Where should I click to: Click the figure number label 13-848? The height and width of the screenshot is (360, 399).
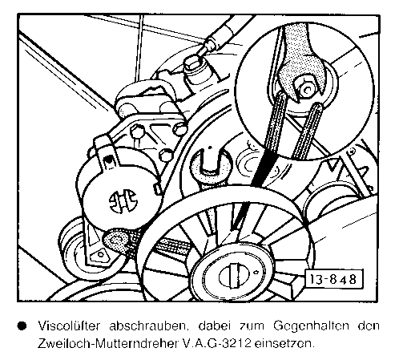pyautogui.click(x=334, y=279)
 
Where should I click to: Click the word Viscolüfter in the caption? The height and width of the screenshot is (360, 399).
pyautogui.click(x=69, y=326)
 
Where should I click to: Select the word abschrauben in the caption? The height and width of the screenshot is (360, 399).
pyautogui.click(x=147, y=326)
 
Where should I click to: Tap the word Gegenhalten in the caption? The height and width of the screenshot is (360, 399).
pyautogui.click(x=312, y=326)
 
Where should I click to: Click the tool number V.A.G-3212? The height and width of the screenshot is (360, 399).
pyautogui.click(x=217, y=344)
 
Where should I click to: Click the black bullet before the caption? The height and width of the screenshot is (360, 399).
pyautogui.click(x=22, y=326)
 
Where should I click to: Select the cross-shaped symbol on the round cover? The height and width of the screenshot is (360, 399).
pyautogui.click(x=123, y=200)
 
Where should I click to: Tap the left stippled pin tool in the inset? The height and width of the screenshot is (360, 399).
pyautogui.click(x=276, y=120)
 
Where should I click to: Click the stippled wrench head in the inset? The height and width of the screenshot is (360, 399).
pyautogui.click(x=299, y=63)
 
